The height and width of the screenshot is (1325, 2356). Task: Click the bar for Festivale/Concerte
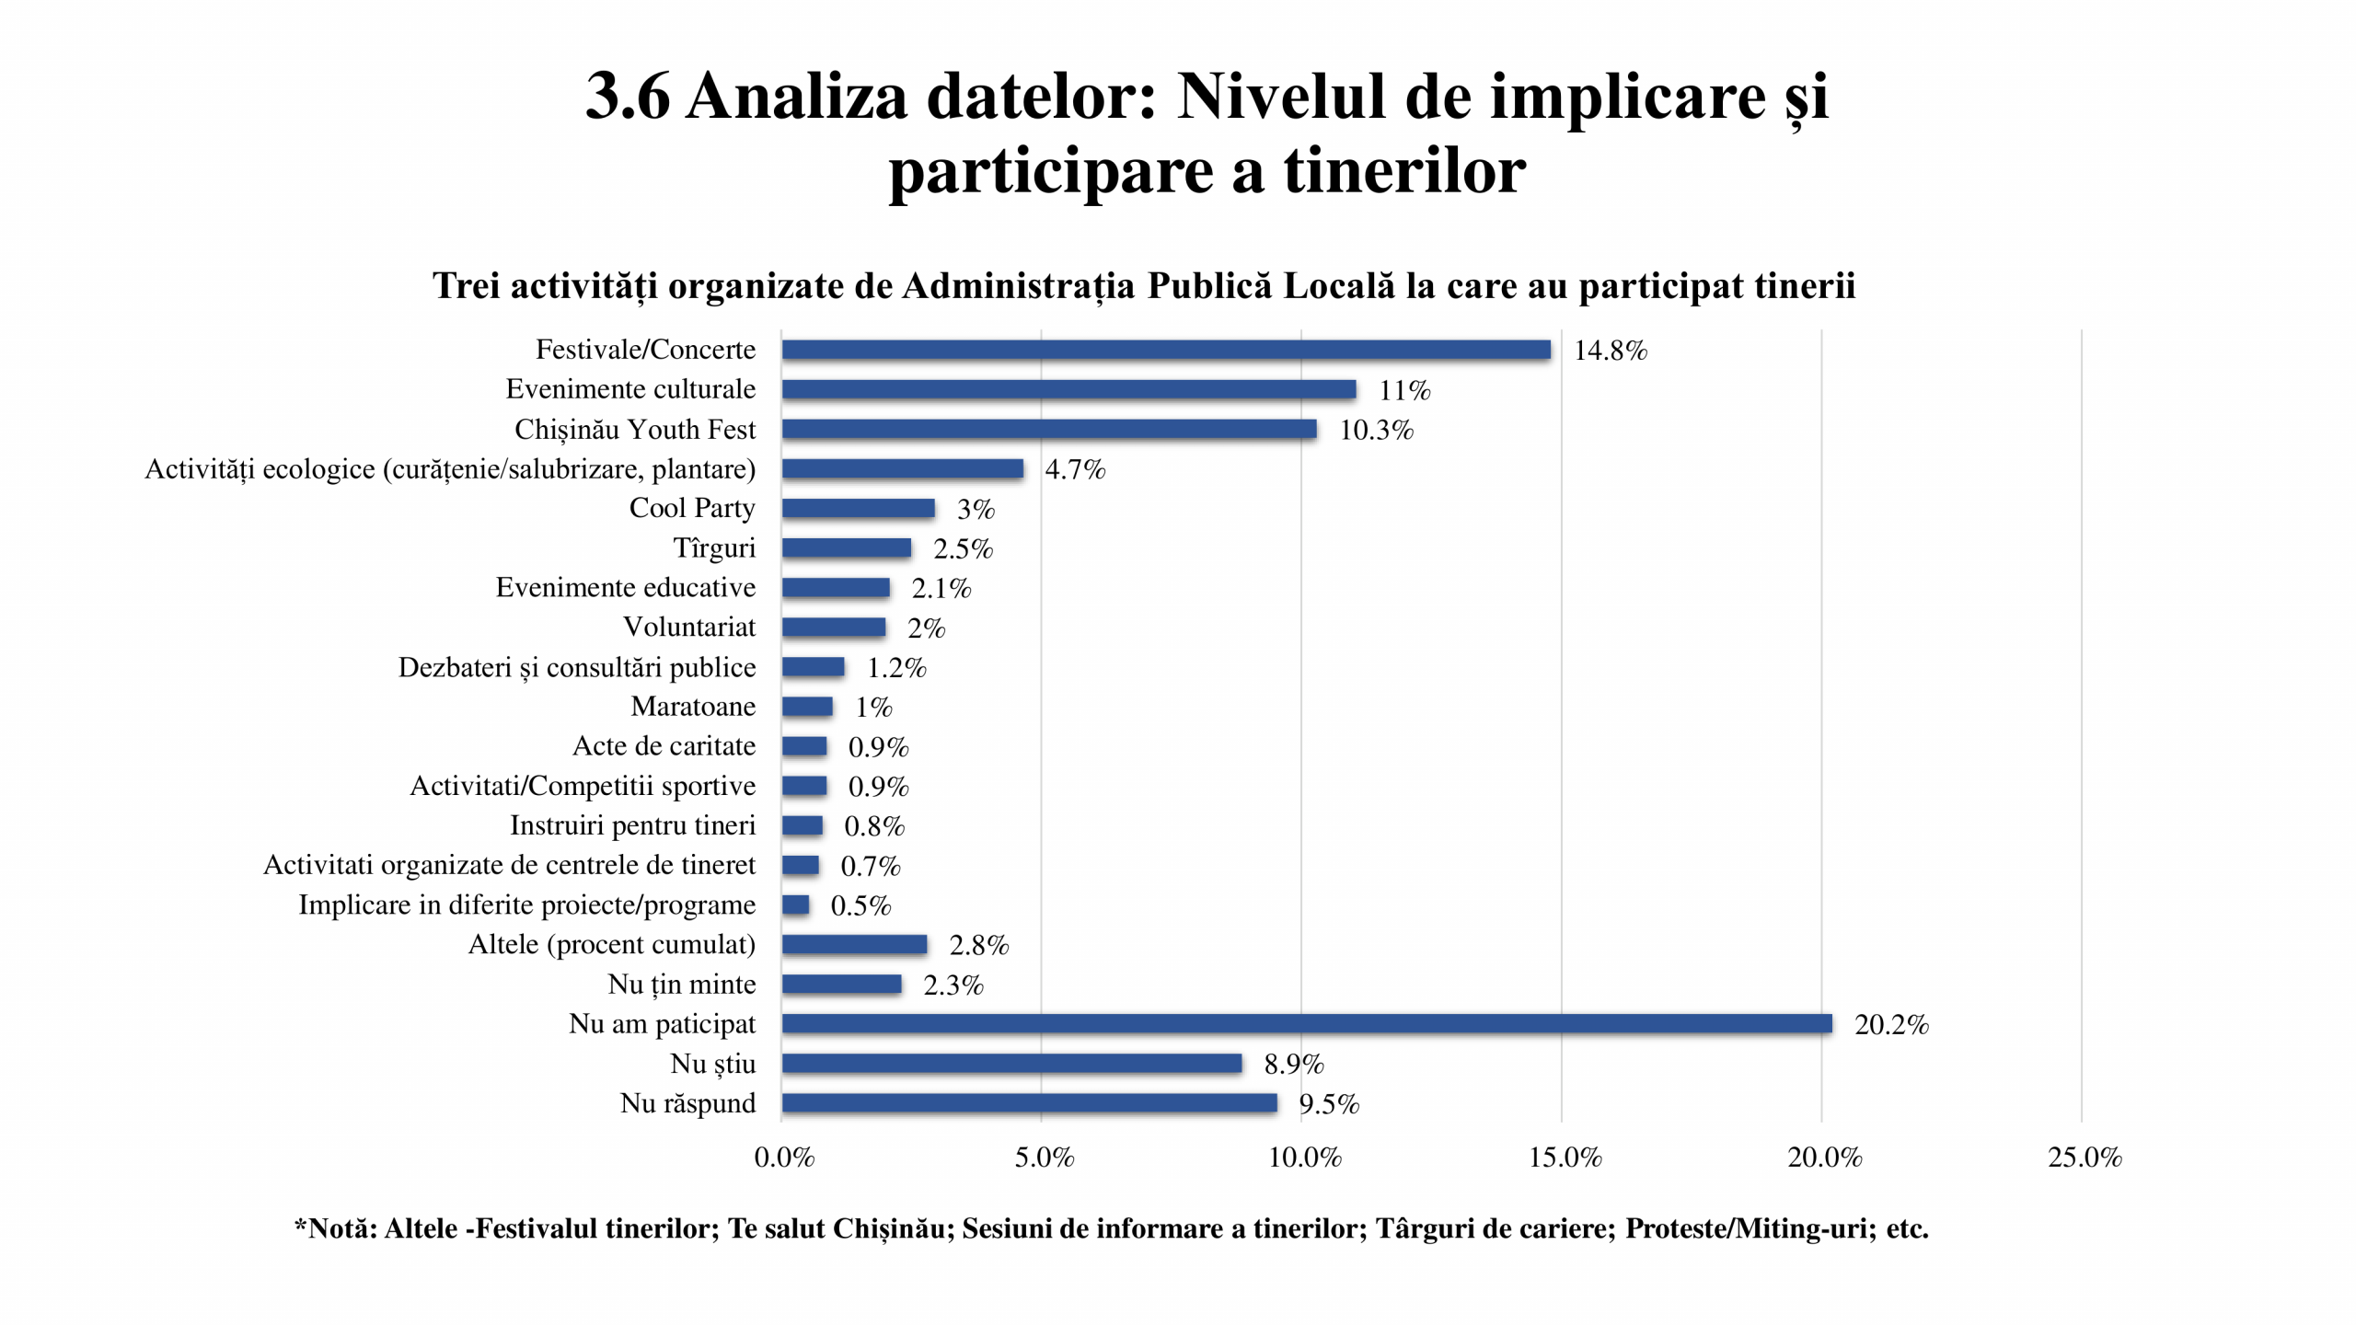tap(1165, 350)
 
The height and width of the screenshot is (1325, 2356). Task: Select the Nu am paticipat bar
tap(1306, 1023)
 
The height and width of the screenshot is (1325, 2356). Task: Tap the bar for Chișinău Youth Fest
tap(1048, 429)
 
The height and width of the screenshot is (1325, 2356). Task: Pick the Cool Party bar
tap(858, 508)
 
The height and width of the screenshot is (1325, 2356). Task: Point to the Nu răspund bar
tap(1029, 1102)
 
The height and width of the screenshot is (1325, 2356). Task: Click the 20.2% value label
tap(1890, 1025)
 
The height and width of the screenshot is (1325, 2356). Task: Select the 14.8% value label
tap(1610, 351)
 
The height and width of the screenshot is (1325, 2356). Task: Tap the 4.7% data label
tap(1074, 469)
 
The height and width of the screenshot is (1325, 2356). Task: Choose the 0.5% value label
tap(860, 905)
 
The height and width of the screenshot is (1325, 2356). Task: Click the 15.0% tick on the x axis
tap(1565, 1158)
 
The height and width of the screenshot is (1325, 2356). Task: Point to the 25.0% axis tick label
tap(2084, 1158)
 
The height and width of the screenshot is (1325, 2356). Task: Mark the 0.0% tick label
tap(783, 1158)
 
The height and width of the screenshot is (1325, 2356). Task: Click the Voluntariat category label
tap(688, 627)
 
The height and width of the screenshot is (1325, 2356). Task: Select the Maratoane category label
tap(692, 706)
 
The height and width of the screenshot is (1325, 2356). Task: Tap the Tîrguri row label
tap(713, 547)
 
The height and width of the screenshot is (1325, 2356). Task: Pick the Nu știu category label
tap(712, 1063)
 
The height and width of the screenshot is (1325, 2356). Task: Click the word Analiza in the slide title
tap(796, 97)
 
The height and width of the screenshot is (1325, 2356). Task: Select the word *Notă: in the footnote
tap(335, 1228)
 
